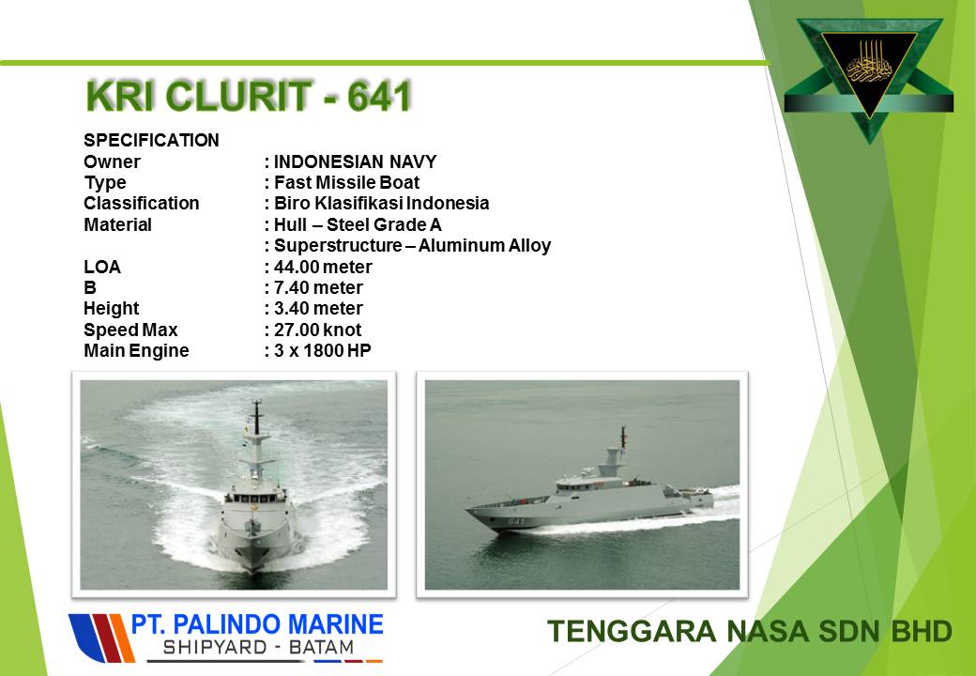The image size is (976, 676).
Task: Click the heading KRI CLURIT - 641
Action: click(x=249, y=96)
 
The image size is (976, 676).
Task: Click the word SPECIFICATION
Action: click(x=151, y=140)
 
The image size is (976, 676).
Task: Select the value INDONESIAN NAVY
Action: click(x=356, y=161)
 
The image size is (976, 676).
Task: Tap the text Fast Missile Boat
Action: click(x=346, y=182)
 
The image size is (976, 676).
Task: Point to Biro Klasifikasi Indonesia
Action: click(x=382, y=204)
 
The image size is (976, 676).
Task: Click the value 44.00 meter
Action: click(x=323, y=267)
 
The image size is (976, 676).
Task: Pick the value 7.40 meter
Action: click(x=318, y=287)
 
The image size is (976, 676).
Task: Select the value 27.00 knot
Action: click(x=317, y=330)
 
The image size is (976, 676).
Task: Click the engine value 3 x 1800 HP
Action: click(x=323, y=350)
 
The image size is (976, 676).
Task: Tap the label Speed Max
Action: click(x=130, y=330)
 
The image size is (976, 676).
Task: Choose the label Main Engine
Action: click(x=136, y=350)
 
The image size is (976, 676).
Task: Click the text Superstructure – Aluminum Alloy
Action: click(x=413, y=246)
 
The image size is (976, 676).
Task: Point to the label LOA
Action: click(x=102, y=267)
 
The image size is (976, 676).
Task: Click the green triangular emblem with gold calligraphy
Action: click(x=869, y=75)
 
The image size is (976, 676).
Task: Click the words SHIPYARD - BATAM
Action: click(x=258, y=648)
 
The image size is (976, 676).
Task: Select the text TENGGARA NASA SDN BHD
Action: click(x=750, y=631)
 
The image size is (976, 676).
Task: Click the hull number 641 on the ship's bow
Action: click(x=516, y=521)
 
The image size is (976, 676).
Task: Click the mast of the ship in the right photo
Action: click(x=622, y=438)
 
